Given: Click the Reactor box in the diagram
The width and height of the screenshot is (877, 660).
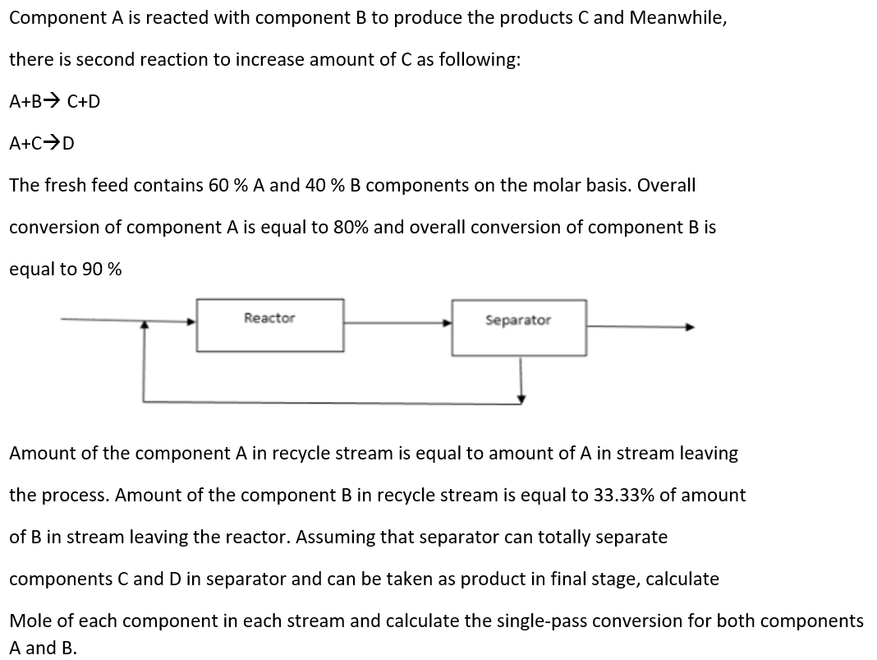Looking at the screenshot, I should point(269,325).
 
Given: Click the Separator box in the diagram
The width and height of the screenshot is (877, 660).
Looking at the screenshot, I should point(518,327).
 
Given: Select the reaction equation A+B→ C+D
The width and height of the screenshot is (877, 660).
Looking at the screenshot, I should point(55,102).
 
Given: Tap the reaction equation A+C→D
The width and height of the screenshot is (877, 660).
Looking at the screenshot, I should point(42,144).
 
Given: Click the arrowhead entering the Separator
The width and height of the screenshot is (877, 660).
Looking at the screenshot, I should point(448,323).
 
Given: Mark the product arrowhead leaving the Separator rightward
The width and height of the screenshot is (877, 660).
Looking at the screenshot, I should point(691,326).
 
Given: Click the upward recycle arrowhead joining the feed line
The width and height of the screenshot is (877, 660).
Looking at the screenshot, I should point(145,326).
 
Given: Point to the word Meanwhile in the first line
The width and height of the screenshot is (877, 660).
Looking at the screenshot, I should point(677,18).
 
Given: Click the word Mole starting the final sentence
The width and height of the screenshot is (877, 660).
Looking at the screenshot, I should point(30,621).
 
